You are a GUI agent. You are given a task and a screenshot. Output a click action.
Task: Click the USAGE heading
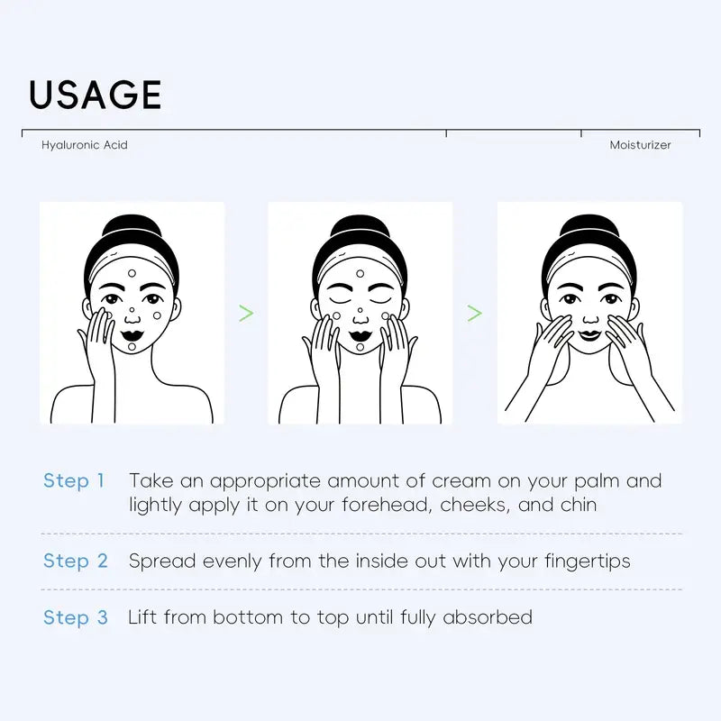click(96, 95)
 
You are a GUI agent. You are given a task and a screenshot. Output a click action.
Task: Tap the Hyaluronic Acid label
click(85, 145)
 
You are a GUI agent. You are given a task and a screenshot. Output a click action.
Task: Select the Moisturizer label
click(640, 145)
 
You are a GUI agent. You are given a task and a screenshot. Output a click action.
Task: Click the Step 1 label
click(74, 481)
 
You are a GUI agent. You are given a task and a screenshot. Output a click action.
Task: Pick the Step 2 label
click(76, 561)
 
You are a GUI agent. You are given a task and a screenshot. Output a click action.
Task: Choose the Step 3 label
click(76, 617)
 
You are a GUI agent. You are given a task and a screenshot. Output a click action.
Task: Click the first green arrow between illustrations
click(246, 313)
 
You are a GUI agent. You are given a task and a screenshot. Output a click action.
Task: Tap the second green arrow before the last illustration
click(475, 313)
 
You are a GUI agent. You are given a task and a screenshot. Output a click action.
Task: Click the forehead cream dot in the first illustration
click(132, 274)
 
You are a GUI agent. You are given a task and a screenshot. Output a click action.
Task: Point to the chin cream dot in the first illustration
click(132, 347)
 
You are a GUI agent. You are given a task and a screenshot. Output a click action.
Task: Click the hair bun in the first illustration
click(132, 227)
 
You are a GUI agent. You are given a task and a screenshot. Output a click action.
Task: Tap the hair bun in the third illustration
click(589, 227)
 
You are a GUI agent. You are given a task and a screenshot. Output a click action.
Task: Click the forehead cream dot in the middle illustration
click(360, 274)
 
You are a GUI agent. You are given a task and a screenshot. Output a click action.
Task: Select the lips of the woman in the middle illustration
click(360, 335)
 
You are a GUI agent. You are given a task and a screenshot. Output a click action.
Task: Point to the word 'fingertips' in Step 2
click(588, 561)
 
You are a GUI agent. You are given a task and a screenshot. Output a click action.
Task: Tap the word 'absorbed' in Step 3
click(488, 617)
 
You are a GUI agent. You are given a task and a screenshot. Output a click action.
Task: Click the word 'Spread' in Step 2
click(162, 561)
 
